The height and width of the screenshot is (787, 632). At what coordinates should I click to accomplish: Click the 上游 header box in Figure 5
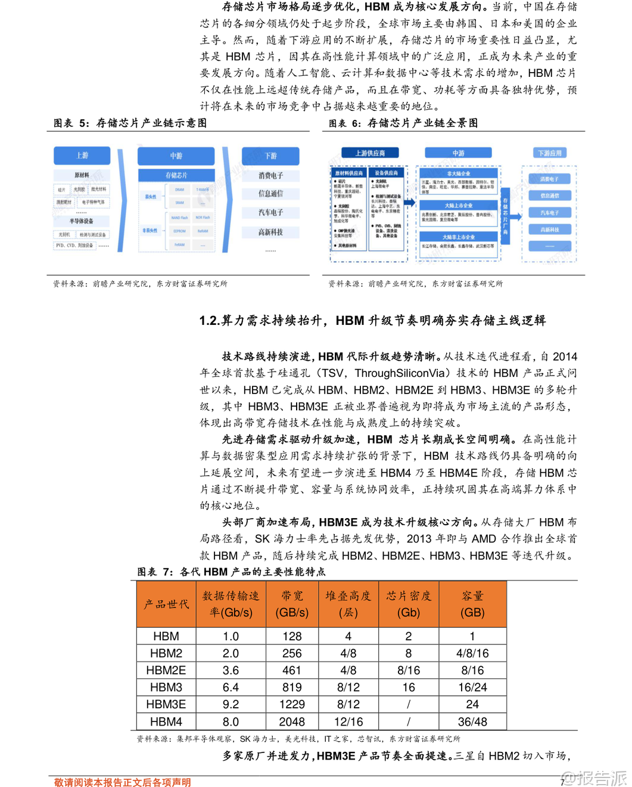[82, 156]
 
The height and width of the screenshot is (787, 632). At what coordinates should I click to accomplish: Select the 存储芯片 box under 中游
[176, 175]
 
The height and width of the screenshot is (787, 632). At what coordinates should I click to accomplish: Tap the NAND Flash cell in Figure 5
[179, 218]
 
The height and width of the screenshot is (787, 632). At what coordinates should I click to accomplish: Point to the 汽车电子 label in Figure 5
[270, 212]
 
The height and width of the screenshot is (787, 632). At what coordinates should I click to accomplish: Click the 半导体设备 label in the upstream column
[81, 221]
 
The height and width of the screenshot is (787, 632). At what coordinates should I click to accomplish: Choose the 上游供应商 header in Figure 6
[370, 153]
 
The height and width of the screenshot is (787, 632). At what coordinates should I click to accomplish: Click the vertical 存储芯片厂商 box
[505, 215]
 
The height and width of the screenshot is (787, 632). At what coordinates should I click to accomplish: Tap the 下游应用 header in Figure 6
[550, 153]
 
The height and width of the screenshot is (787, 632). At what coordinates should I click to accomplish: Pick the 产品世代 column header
[166, 604]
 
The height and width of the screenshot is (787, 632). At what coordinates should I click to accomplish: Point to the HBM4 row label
[166, 721]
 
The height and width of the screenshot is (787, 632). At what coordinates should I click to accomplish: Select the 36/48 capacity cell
[472, 721]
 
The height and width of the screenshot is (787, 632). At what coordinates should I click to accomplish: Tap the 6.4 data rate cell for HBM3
[231, 687]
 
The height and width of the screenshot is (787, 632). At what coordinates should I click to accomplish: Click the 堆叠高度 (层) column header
[348, 604]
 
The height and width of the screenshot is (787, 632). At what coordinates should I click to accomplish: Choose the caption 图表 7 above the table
[155, 572]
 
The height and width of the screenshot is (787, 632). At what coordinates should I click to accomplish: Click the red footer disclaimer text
[122, 782]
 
